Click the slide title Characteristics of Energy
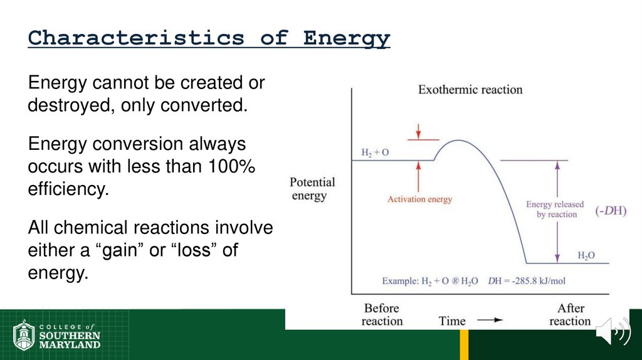[209, 38]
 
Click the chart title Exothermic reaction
[470, 90]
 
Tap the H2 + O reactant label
[375, 152]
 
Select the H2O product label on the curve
[586, 256]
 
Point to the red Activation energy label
[419, 199]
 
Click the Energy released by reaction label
[555, 209]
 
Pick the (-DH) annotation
[610, 211]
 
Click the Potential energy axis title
[312, 189]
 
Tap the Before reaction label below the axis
[381, 314]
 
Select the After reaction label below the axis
[570, 314]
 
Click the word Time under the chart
[452, 321]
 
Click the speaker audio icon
[612, 332]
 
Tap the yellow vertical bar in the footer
[464, 344]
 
